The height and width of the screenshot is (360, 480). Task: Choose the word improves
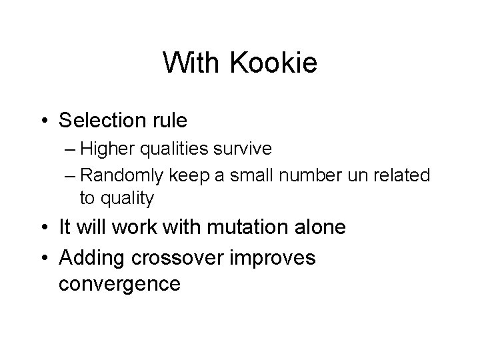point(279,257)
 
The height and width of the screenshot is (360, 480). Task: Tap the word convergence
point(119,283)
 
